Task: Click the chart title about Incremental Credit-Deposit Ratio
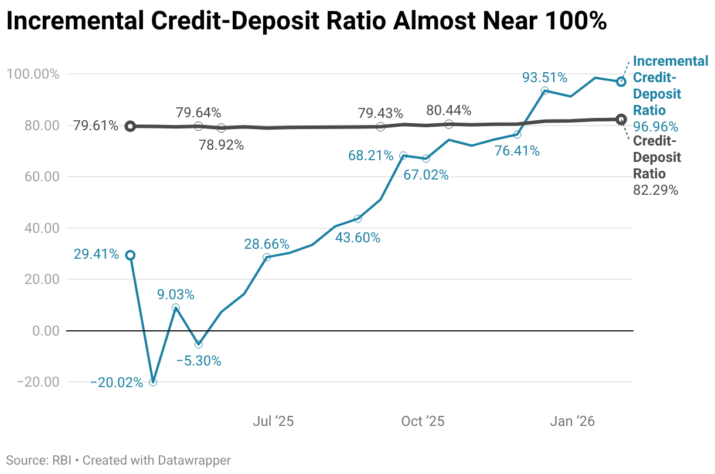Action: click(306, 22)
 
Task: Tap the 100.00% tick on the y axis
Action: click(33, 75)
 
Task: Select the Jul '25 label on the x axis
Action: click(273, 421)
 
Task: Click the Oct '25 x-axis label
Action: click(423, 421)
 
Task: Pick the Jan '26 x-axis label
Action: click(574, 421)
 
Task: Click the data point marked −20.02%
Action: click(153, 382)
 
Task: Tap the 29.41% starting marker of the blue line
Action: click(130, 255)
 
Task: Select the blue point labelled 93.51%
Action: click(545, 91)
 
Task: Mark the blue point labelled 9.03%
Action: click(176, 307)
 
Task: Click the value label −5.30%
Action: click(199, 361)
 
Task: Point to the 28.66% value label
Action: click(267, 244)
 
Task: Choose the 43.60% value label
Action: click(357, 238)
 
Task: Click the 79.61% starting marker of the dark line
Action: click(130, 126)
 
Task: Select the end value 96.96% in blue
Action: click(656, 127)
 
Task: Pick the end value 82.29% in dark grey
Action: click(656, 190)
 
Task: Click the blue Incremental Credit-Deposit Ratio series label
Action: click(670, 86)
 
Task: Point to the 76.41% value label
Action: click(517, 151)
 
